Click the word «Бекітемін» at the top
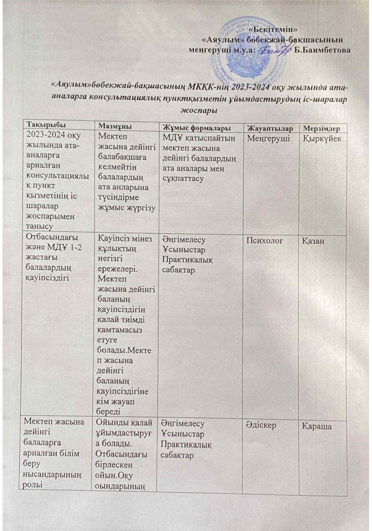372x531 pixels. coord(280,29)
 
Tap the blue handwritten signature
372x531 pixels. coord(272,50)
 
